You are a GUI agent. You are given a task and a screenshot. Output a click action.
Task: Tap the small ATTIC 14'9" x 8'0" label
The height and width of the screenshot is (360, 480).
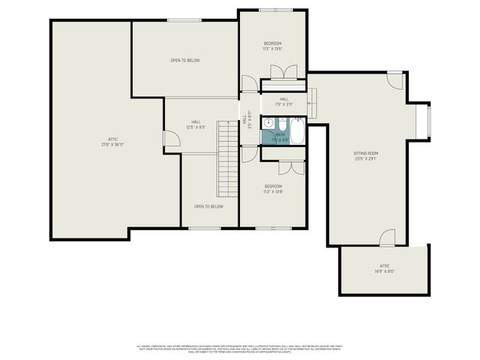(384, 268)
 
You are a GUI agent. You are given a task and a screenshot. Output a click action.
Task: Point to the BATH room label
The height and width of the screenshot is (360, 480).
(280, 137)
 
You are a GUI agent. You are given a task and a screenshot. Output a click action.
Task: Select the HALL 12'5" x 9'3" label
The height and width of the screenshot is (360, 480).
(196, 124)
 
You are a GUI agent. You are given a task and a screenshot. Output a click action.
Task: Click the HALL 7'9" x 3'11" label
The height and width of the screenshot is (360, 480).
(283, 101)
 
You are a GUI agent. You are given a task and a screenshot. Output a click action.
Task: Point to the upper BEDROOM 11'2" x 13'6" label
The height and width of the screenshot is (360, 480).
(272, 46)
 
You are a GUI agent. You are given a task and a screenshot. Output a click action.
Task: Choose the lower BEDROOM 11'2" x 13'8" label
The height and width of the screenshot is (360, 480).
(272, 188)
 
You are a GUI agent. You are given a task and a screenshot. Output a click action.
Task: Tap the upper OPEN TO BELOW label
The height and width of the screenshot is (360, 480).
(184, 60)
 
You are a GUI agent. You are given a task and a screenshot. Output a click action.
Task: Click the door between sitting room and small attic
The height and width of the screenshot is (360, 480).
(387, 238)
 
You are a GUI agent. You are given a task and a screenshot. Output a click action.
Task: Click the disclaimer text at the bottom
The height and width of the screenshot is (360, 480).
(240, 348)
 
